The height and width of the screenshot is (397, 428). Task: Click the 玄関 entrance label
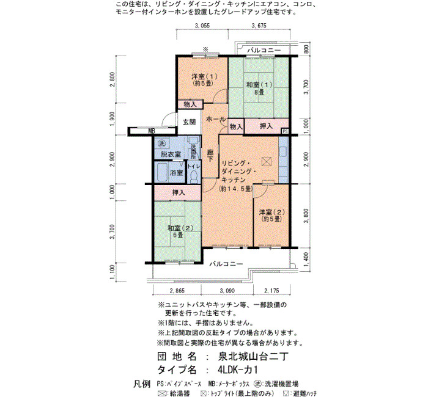189,122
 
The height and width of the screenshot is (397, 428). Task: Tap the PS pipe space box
285,131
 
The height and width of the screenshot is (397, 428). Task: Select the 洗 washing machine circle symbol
162,143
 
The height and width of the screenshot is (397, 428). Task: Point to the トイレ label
194,166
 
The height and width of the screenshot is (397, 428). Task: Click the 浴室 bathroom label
176,173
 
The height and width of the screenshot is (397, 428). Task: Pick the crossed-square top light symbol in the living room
266,161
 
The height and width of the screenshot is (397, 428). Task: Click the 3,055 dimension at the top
202,26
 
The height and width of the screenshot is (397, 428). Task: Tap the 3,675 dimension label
259,26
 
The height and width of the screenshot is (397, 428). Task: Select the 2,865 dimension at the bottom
177,291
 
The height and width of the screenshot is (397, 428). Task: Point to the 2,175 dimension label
271,291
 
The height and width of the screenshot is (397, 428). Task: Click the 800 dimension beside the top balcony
306,49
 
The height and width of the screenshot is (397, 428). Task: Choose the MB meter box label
152,131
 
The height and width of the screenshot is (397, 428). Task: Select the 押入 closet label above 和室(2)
179,193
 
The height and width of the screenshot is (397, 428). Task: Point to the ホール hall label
216,119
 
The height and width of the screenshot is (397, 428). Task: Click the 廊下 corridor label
210,156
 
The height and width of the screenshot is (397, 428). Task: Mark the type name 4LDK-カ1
238,370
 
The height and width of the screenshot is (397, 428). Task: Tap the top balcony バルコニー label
264,51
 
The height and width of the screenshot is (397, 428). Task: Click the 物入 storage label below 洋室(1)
190,104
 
